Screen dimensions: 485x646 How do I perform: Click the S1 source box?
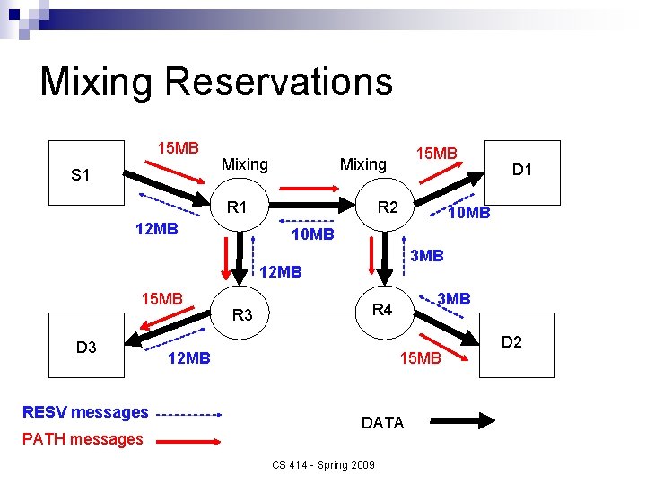click(85, 174)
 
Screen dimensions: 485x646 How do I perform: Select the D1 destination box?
click(521, 168)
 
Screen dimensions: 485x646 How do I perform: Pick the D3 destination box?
click(86, 348)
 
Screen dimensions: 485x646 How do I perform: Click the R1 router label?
click(237, 208)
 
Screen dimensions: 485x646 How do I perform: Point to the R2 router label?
click(388, 208)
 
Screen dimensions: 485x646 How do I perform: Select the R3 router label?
click(242, 315)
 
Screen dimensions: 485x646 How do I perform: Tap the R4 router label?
click(382, 310)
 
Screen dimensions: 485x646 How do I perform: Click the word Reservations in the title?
click(279, 81)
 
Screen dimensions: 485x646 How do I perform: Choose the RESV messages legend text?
click(85, 412)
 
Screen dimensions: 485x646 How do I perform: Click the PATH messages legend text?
click(83, 438)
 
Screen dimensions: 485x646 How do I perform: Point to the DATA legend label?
click(382, 423)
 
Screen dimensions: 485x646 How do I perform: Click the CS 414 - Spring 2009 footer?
click(323, 463)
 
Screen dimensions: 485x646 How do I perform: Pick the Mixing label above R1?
click(244, 164)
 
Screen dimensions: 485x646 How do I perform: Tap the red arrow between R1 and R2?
click(308, 190)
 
